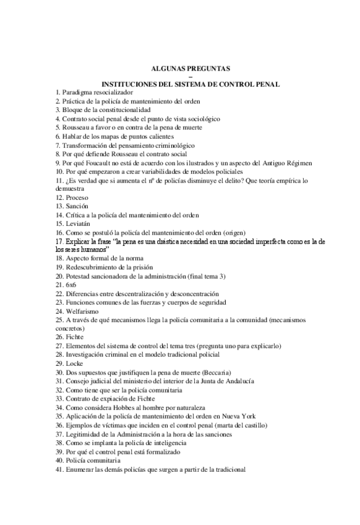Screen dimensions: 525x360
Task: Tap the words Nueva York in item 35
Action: pyautogui.click(x=239, y=415)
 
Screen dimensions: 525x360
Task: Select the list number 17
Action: pyautogui.click(x=59, y=241)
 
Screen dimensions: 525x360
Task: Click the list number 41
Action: pyautogui.click(x=59, y=469)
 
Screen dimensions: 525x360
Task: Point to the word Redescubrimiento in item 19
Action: pyautogui.click(x=92, y=267)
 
